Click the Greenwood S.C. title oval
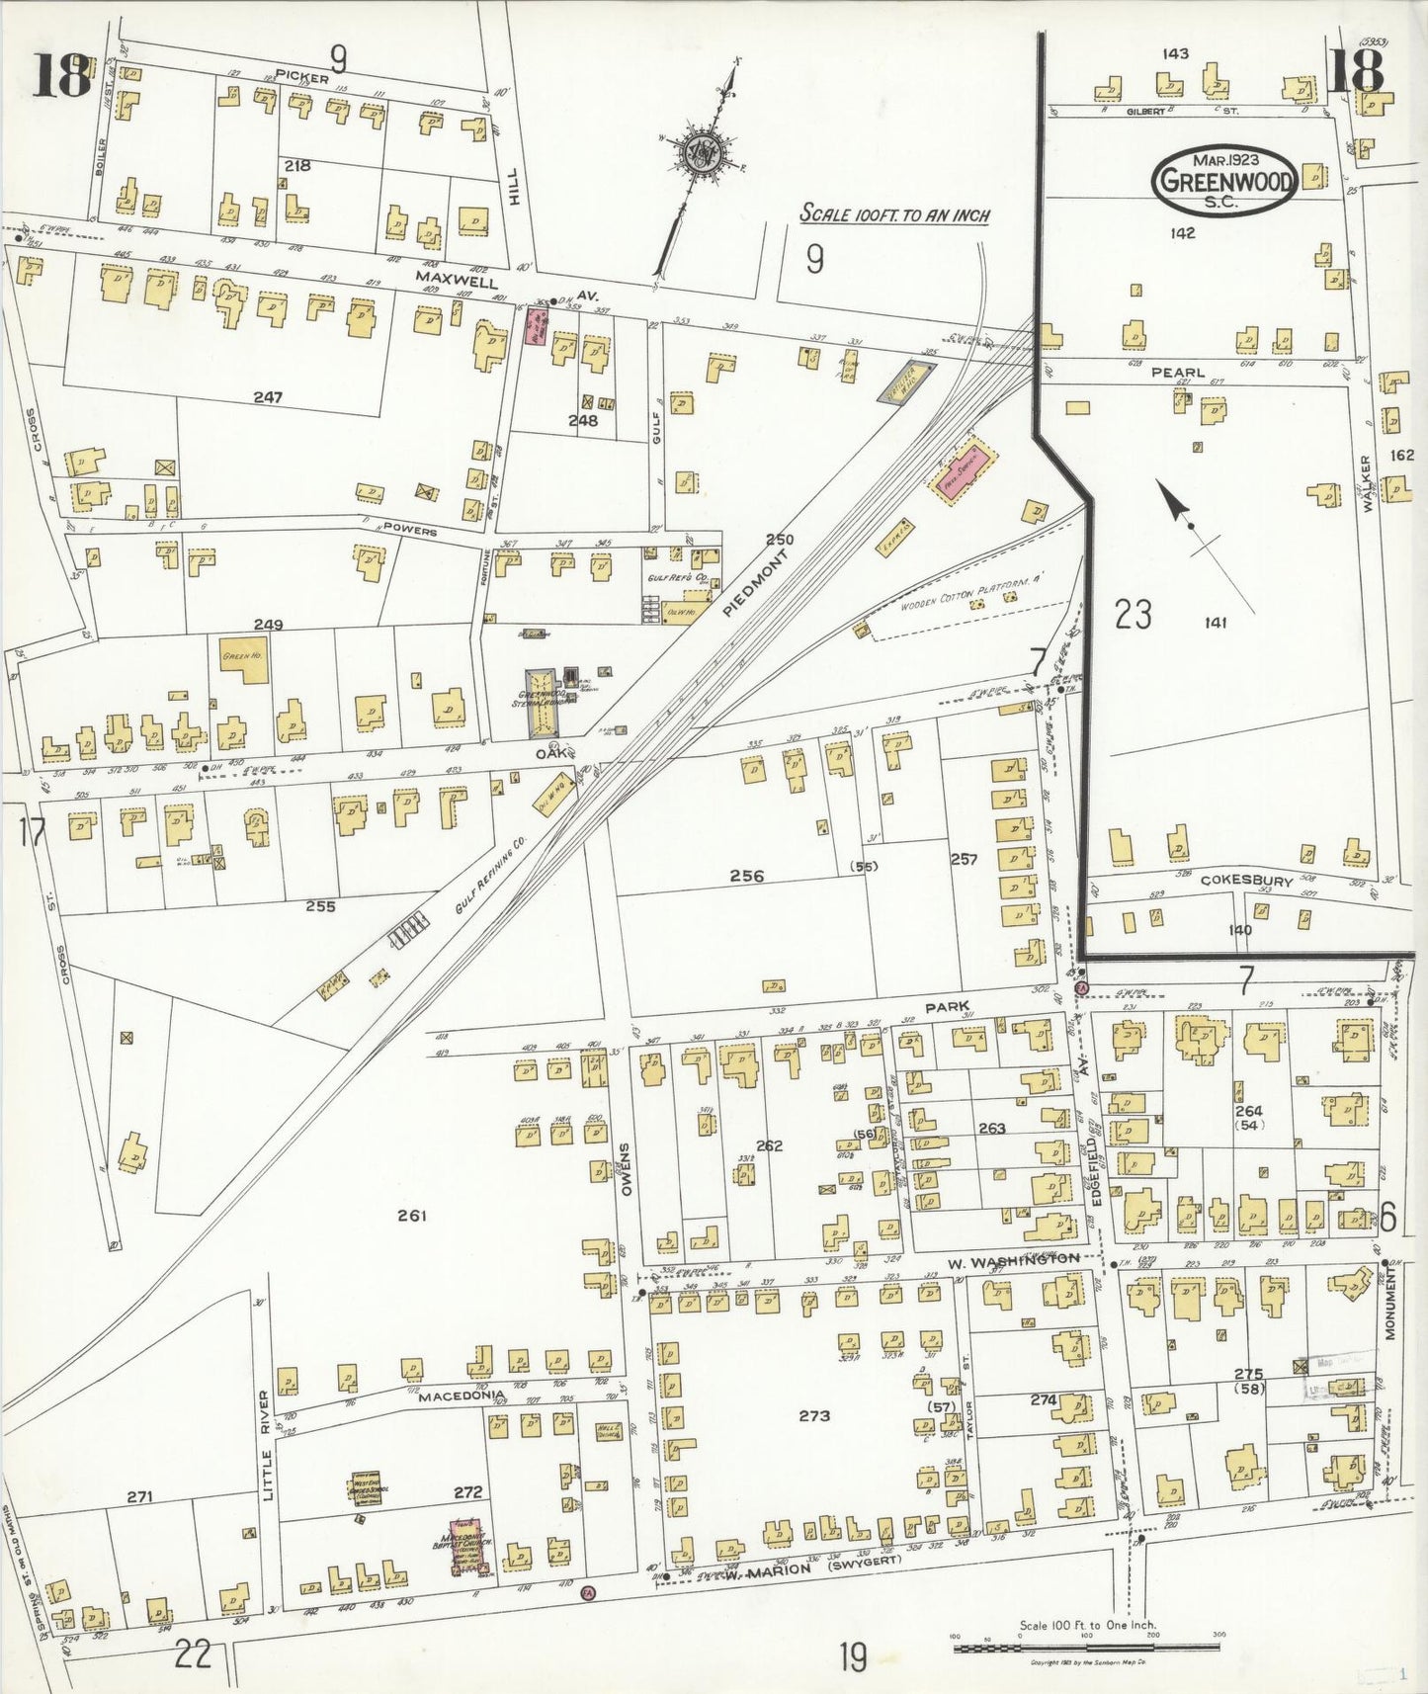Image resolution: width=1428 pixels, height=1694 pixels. coord(1223,180)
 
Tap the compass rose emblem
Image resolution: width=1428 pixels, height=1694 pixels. coord(702,156)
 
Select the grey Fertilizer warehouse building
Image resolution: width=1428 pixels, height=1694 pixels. coord(907,381)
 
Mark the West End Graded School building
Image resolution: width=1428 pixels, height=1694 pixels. coord(367,1487)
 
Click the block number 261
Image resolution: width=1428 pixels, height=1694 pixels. coord(411,1216)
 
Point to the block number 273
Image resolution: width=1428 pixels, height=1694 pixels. coord(814,1415)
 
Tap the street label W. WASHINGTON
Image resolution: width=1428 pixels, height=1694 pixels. coord(1013,1260)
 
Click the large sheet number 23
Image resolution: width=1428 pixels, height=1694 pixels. coord(1133,615)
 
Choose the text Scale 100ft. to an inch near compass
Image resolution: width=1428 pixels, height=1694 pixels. coord(894,214)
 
